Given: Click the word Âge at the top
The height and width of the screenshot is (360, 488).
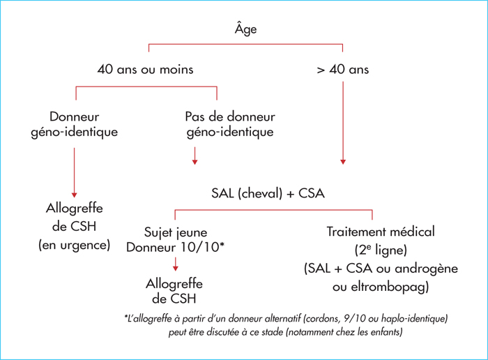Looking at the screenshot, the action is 245,29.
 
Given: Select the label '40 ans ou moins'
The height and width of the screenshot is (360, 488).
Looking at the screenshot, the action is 145,69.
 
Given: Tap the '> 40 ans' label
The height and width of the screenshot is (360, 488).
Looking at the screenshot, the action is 343,69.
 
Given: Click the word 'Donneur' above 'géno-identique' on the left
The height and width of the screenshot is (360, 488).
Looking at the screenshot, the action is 75,117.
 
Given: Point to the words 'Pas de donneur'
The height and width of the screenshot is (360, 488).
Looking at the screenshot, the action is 230,117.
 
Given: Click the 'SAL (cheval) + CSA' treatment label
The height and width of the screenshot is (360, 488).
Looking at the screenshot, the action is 268,193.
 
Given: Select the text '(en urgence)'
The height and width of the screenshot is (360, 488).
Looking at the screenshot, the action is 75,245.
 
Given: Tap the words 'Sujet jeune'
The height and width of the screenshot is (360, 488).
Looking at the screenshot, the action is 176,232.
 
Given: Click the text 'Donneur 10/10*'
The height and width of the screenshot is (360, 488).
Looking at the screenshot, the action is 175,247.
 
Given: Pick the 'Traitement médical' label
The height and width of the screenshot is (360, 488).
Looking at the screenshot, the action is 381,232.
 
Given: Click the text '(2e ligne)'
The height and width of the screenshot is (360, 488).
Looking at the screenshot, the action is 381,250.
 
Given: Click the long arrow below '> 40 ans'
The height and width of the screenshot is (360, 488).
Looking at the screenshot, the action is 343,123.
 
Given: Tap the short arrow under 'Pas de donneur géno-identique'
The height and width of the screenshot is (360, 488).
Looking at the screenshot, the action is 195,156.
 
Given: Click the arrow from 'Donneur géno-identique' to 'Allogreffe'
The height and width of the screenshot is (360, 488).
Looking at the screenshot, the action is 74,172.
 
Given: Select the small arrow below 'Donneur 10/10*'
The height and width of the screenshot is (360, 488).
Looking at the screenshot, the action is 176,264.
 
